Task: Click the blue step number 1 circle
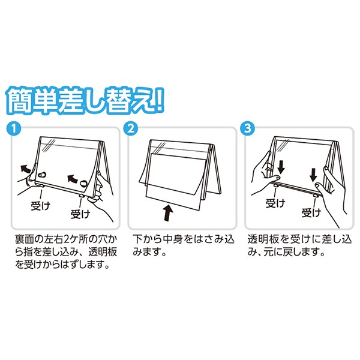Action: [x=14, y=128]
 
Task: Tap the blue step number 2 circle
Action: [x=131, y=128]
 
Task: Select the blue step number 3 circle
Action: [x=247, y=128]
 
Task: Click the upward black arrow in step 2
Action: [x=169, y=213]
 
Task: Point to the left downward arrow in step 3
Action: [x=281, y=167]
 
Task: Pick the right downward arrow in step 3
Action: [x=313, y=175]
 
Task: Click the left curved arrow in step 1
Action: [x=25, y=169]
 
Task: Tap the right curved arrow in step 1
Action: [x=73, y=178]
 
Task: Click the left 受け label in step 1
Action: [x=40, y=206]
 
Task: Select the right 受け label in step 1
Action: [x=80, y=214]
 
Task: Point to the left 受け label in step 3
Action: [x=275, y=203]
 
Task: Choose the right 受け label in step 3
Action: [x=311, y=213]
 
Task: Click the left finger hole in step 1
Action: [x=41, y=174]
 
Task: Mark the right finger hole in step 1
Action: [x=83, y=184]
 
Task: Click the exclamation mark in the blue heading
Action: [x=159, y=101]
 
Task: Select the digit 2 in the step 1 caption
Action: [x=65, y=239]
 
